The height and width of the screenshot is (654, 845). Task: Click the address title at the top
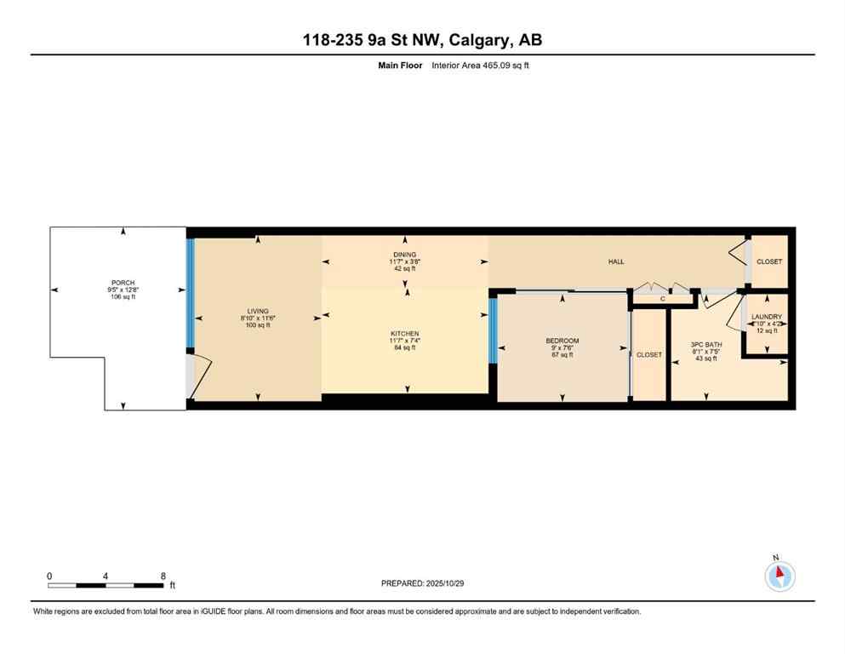tap(422, 40)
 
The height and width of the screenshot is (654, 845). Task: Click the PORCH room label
tap(123, 283)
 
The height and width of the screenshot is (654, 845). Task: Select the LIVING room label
tap(256, 312)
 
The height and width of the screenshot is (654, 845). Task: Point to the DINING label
tap(404, 255)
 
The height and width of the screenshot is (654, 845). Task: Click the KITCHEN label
tap(404, 333)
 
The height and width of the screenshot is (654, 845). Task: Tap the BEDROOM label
tap(562, 341)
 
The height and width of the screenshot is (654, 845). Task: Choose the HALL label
tap(616, 261)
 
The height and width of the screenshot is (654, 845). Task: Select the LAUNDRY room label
tap(766, 317)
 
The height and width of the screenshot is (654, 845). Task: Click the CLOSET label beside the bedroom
tap(649, 354)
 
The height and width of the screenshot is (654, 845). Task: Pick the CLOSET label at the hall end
tap(769, 261)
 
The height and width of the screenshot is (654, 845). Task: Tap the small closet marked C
tap(662, 299)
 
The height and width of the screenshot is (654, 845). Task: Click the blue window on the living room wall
tap(191, 293)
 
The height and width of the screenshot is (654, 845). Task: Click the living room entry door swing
tap(195, 379)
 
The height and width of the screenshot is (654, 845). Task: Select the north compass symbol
tap(779, 576)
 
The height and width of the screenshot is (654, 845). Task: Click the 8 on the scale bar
tap(163, 576)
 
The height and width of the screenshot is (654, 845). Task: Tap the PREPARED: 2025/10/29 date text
tap(422, 583)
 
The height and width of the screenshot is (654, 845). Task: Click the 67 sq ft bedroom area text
tap(562, 355)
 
